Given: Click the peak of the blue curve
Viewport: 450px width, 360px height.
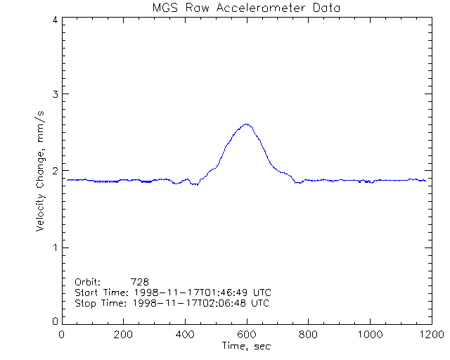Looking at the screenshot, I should [246, 124].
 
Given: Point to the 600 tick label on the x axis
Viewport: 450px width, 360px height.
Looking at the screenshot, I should [246, 335].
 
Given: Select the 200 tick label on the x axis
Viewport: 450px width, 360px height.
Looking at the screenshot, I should [123, 335].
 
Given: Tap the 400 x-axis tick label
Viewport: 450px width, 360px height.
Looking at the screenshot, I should [185, 335].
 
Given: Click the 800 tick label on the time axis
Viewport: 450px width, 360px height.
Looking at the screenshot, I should [308, 335].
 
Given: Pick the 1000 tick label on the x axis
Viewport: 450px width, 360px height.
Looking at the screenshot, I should [369, 335].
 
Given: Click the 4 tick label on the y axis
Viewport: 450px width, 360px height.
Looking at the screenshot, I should [55, 20].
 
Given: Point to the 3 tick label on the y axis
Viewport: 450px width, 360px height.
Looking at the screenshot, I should [55, 94].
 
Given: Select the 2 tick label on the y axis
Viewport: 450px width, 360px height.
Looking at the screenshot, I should [55, 171].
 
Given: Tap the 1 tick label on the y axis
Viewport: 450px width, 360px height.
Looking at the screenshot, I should [55, 247].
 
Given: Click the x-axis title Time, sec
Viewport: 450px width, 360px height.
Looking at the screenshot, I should [246, 346].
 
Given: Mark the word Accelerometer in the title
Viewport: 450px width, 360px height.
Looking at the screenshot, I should [267, 8].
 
